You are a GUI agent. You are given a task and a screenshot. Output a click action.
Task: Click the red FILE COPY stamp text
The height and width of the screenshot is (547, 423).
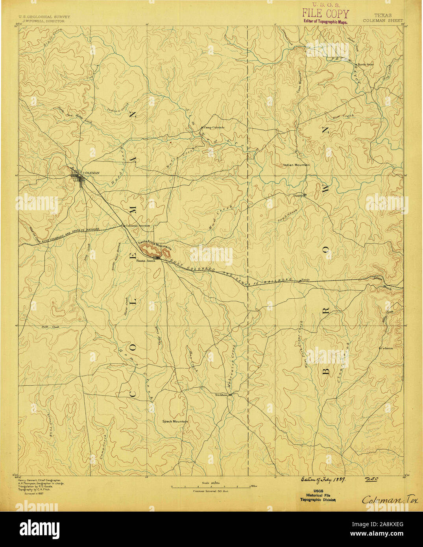(325, 14)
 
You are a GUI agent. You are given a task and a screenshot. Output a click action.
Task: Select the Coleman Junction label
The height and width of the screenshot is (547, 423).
(138, 226)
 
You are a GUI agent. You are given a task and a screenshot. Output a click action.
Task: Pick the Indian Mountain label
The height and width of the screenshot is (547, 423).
(296, 165)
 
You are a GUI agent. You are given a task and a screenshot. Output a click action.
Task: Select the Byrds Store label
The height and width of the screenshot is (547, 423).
(365, 64)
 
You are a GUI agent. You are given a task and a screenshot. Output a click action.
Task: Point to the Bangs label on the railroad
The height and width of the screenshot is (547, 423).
(305, 280)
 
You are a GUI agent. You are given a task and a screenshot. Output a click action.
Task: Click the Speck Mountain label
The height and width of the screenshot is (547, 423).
(175, 421)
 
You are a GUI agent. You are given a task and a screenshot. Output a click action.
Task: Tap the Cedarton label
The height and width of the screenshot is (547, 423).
(386, 348)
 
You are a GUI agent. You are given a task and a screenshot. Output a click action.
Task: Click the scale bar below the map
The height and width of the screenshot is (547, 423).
(211, 487)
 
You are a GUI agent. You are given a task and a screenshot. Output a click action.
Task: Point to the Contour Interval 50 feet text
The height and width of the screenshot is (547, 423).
(211, 491)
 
